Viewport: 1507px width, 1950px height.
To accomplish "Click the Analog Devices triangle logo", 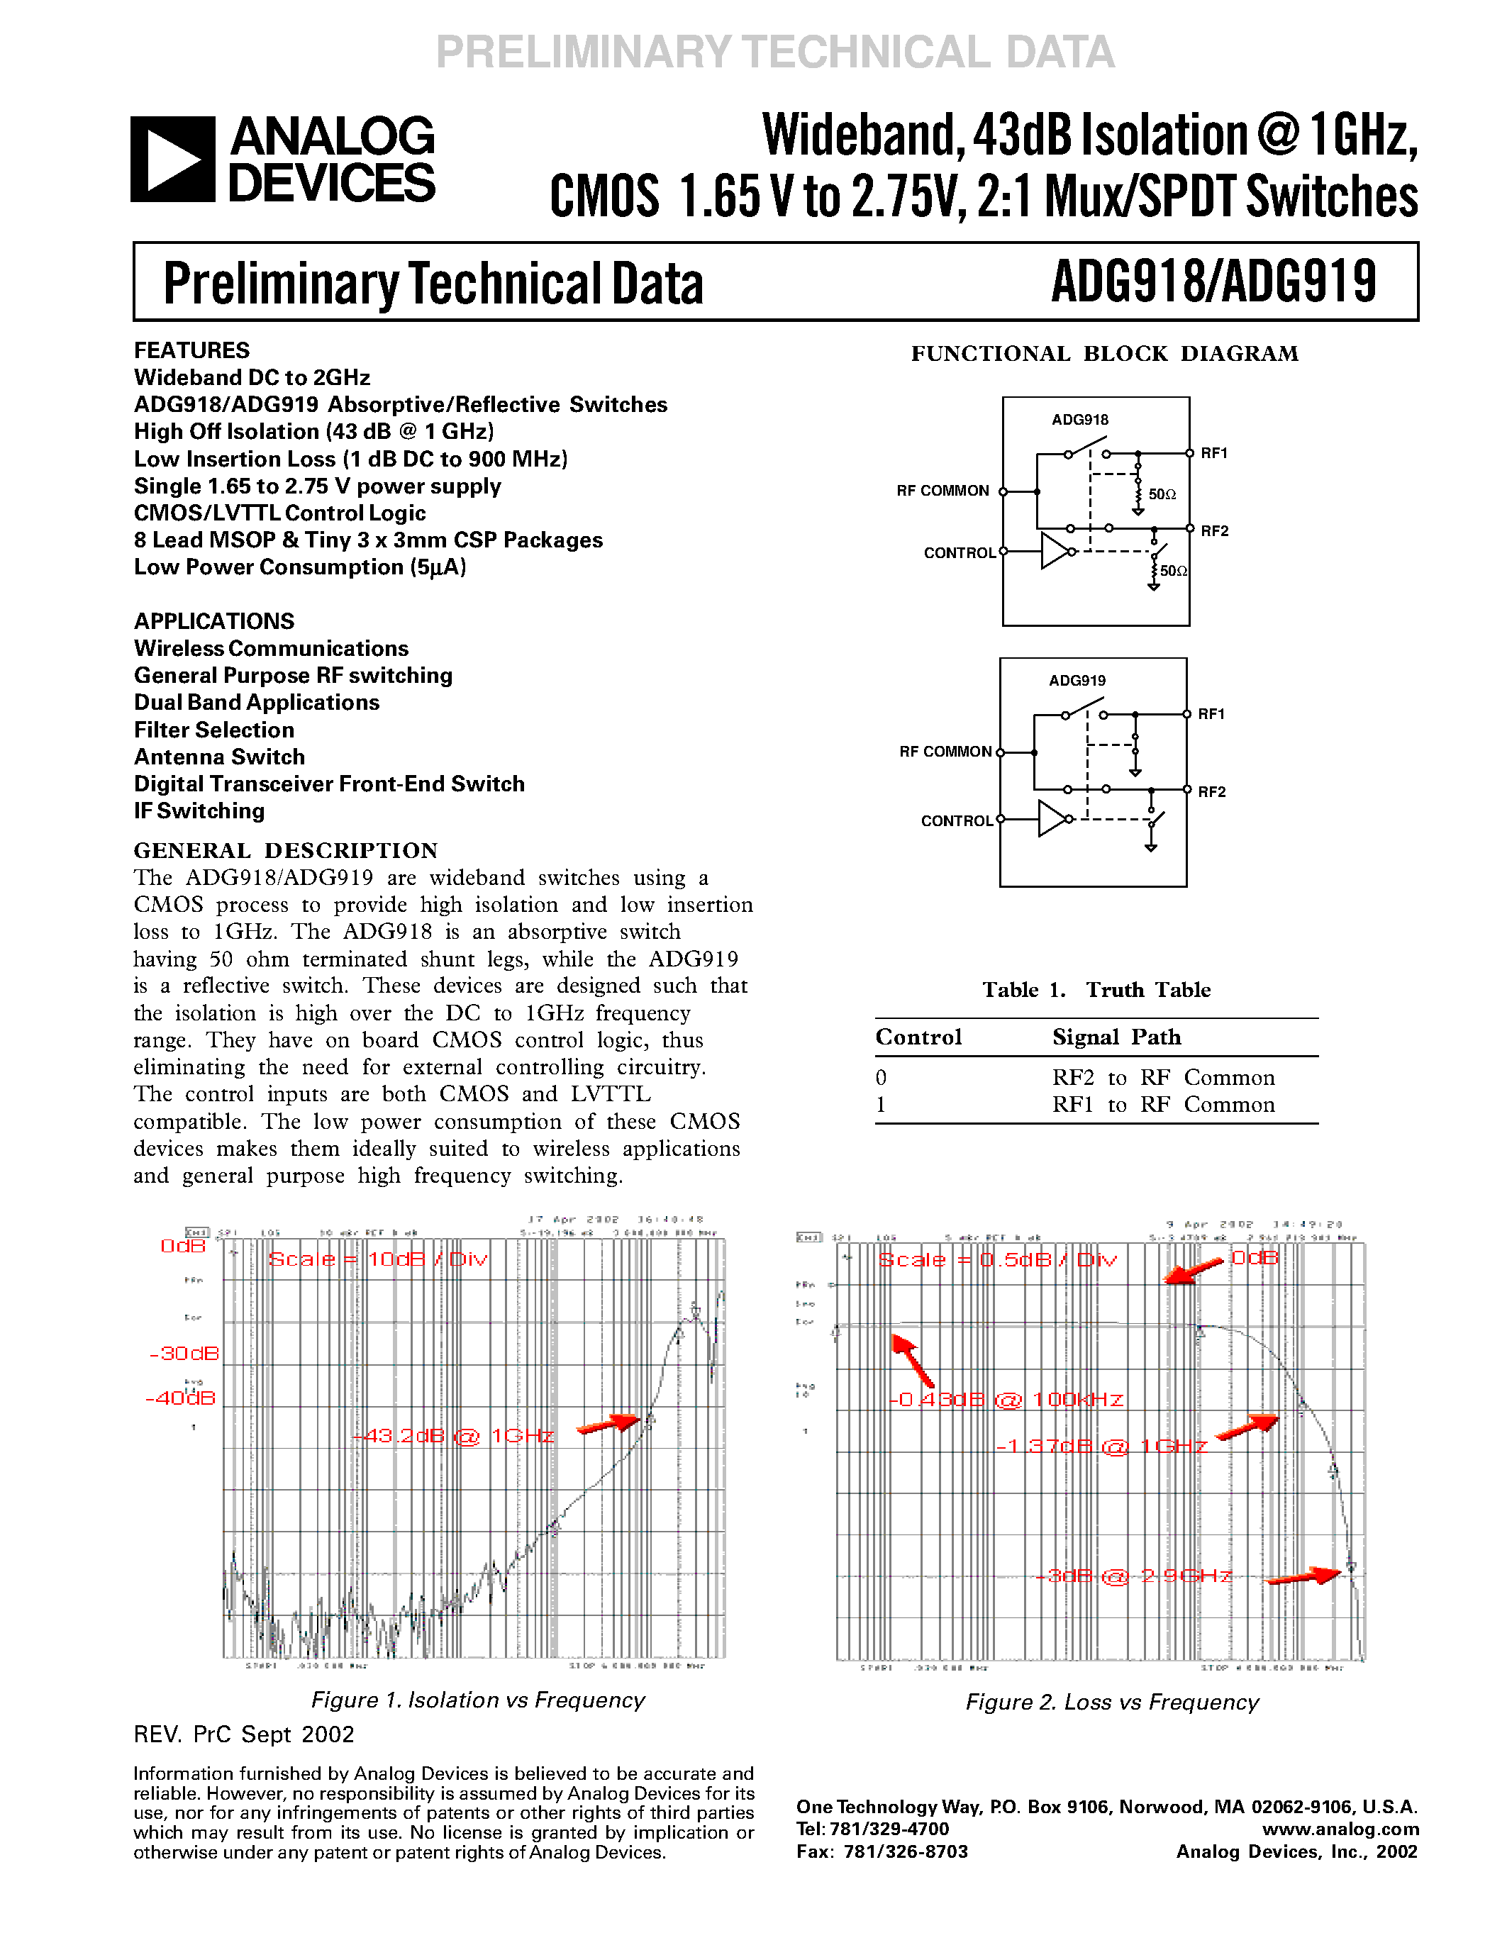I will coord(172,159).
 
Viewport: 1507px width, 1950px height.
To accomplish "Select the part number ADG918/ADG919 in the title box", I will coord(1213,282).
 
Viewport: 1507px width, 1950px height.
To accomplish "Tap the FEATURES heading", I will coord(192,350).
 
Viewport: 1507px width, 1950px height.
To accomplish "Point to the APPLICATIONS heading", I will coord(214,621).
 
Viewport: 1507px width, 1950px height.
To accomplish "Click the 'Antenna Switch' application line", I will coord(220,757).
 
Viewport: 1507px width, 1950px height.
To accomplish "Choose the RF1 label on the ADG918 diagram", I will coord(1214,454).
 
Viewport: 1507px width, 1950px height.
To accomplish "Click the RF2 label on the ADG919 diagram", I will coord(1211,792).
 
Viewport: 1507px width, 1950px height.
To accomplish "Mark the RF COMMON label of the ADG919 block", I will coord(945,752).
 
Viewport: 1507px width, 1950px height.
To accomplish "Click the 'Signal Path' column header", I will coord(1116,1037).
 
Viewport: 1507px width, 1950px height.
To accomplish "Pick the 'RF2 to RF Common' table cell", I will coord(1163,1078).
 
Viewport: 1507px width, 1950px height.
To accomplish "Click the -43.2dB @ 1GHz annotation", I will coord(454,1436).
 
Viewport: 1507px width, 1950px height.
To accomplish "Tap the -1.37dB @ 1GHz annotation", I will coord(1101,1446).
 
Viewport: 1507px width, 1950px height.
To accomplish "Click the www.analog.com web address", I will coord(1340,1829).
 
